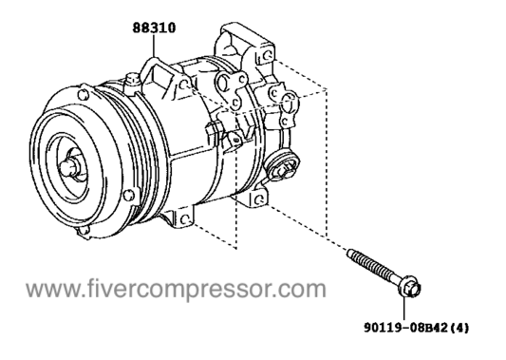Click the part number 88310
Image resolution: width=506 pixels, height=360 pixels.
(155, 28)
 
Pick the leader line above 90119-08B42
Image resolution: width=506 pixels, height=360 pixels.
(410, 308)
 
